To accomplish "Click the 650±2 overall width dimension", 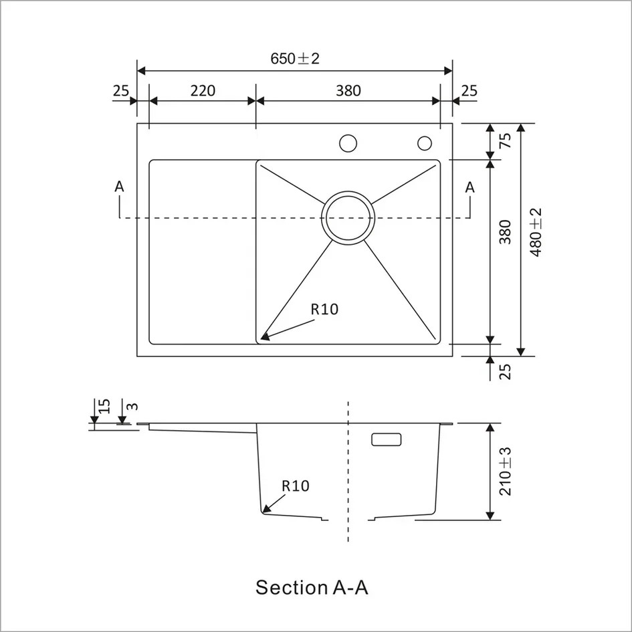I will tap(295, 58).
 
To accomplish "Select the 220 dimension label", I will tap(203, 90).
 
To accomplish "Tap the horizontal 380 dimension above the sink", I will tap(348, 90).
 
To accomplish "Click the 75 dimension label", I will tap(506, 140).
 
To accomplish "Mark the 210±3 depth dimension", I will tap(506, 471).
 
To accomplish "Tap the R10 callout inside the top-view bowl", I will tap(324, 309).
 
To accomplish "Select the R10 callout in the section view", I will tap(296, 486).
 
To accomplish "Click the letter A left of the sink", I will tap(119, 187).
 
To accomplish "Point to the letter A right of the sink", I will tap(470, 187).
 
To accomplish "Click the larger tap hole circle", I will tap(348, 143).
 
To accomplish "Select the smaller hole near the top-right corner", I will tap(425, 143).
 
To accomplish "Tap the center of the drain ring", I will tap(346, 218).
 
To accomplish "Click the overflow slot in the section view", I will tap(386, 439).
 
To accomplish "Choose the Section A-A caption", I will tap(312, 588).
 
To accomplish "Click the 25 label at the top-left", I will tap(121, 90).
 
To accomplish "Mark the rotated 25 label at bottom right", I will tap(506, 371).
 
